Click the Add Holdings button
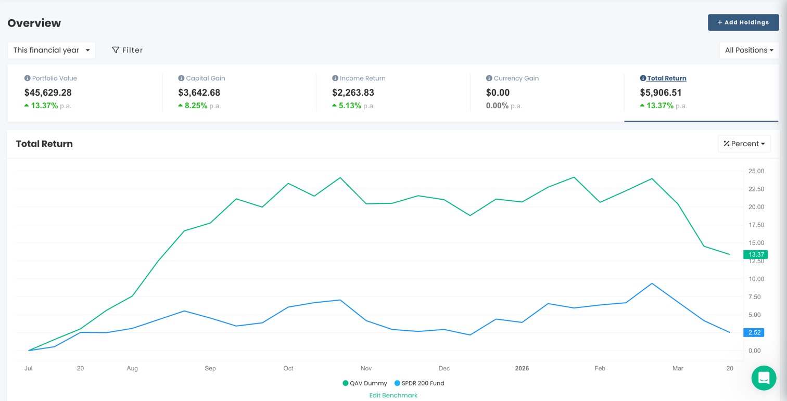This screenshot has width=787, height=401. click(743, 22)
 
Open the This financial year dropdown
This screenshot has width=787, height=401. click(51, 50)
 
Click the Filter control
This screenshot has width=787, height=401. click(127, 50)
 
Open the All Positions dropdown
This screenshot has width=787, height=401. click(748, 50)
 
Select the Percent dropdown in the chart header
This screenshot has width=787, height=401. click(744, 144)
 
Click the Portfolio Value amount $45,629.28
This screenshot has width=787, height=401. click(48, 93)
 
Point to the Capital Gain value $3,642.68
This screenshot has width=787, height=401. click(199, 93)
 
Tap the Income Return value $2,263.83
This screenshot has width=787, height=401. click(353, 93)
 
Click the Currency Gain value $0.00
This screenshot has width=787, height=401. click(498, 93)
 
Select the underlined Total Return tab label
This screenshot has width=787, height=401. click(666, 78)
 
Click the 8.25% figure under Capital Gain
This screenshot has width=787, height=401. click(196, 106)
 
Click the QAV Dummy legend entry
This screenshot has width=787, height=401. click(365, 383)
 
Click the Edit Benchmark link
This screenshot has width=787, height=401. click(393, 395)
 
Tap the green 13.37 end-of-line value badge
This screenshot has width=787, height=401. click(755, 254)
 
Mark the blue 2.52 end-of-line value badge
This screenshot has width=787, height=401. click(754, 332)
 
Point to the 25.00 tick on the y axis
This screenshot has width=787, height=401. click(756, 171)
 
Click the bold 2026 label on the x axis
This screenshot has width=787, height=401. click(522, 368)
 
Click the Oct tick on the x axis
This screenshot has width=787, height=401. click(288, 368)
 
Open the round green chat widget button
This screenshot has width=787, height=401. click(764, 378)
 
